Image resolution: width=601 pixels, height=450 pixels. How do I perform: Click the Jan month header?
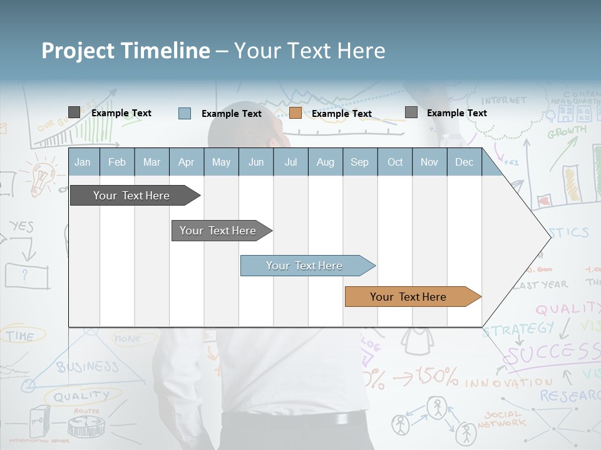[x=83, y=162]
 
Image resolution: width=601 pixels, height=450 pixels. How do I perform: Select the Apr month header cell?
[x=186, y=162]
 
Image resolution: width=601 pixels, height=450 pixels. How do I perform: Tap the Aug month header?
[x=325, y=162]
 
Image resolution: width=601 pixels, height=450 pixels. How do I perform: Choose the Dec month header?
[x=464, y=162]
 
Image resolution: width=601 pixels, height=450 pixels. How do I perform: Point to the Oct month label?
[x=395, y=162]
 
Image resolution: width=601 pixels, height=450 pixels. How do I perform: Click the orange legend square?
[x=295, y=113]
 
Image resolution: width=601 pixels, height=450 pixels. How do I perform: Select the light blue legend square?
[x=185, y=113]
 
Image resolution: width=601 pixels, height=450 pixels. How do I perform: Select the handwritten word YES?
[x=21, y=226]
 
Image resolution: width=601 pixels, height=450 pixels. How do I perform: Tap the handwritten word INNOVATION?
[x=508, y=382]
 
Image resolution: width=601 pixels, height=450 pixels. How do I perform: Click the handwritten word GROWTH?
[x=567, y=132]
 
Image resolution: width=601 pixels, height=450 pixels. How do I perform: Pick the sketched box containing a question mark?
[x=26, y=275]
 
